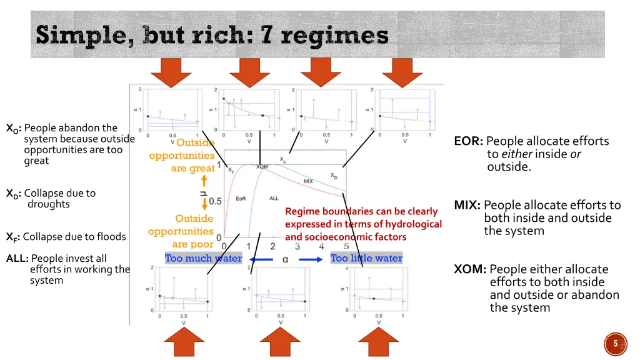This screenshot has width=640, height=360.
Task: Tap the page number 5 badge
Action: tap(616, 344)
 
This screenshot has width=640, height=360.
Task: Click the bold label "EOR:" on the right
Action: tap(469, 141)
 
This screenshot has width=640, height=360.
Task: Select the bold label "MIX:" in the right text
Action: tap(467, 205)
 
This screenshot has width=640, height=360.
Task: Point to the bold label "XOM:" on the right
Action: tap(470, 269)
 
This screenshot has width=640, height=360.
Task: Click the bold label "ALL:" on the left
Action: tap(17, 259)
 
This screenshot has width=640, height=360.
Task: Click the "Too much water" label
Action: tap(203, 258)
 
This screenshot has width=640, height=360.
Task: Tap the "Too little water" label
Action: tap(366, 258)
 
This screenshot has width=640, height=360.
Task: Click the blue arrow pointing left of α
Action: tap(261, 259)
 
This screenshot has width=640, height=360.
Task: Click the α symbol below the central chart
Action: tap(285, 259)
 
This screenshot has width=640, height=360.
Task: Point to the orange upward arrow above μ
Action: tap(204, 180)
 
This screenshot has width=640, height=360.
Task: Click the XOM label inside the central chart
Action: tap(262, 167)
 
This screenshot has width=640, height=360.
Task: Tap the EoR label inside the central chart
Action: tap(241, 198)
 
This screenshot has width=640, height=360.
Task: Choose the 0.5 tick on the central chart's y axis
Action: tap(215, 201)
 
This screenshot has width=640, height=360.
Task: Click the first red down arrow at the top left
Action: tap(170, 71)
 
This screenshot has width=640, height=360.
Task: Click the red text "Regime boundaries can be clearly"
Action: tap(361, 211)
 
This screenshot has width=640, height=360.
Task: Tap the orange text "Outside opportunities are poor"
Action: tap(181, 231)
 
